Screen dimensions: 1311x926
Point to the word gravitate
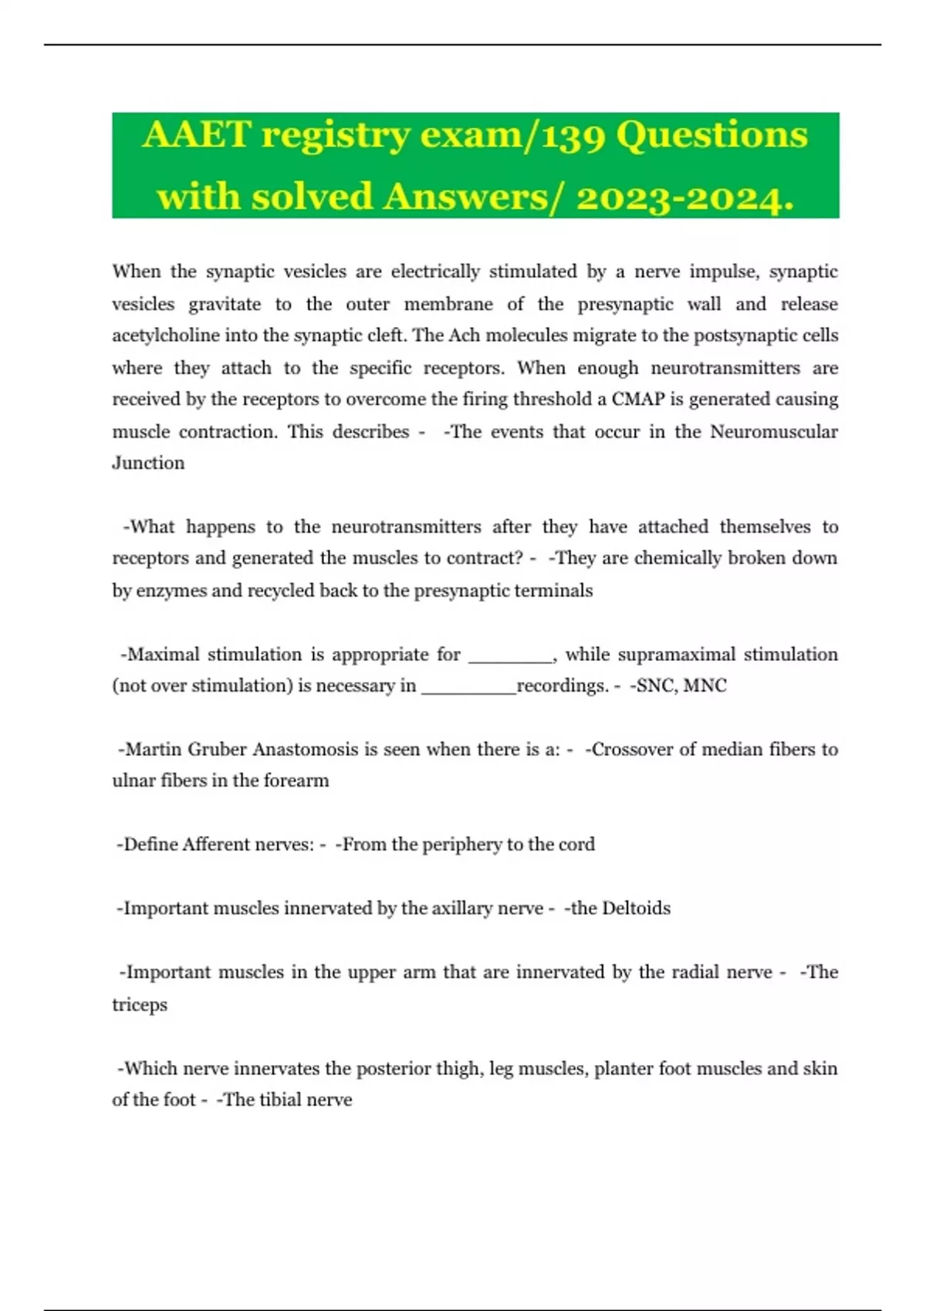pos(225,304)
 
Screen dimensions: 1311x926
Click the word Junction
pos(148,463)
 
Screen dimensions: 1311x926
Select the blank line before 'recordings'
pos(468,687)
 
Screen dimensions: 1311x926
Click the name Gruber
pos(216,750)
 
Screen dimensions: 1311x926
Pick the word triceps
pos(140,1005)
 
